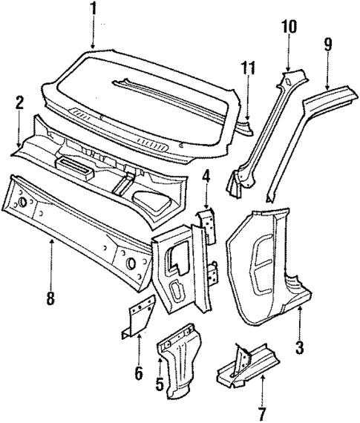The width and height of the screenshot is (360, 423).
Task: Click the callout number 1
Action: (93, 10)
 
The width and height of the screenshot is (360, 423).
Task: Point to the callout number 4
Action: (206, 178)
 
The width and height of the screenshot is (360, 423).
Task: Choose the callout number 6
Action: (138, 373)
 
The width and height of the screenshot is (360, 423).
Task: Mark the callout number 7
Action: (262, 413)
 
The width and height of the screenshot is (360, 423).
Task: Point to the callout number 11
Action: (247, 70)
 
